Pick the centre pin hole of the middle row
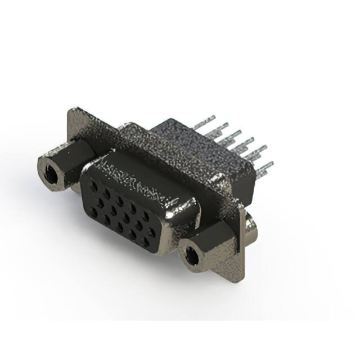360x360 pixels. click(119, 214)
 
